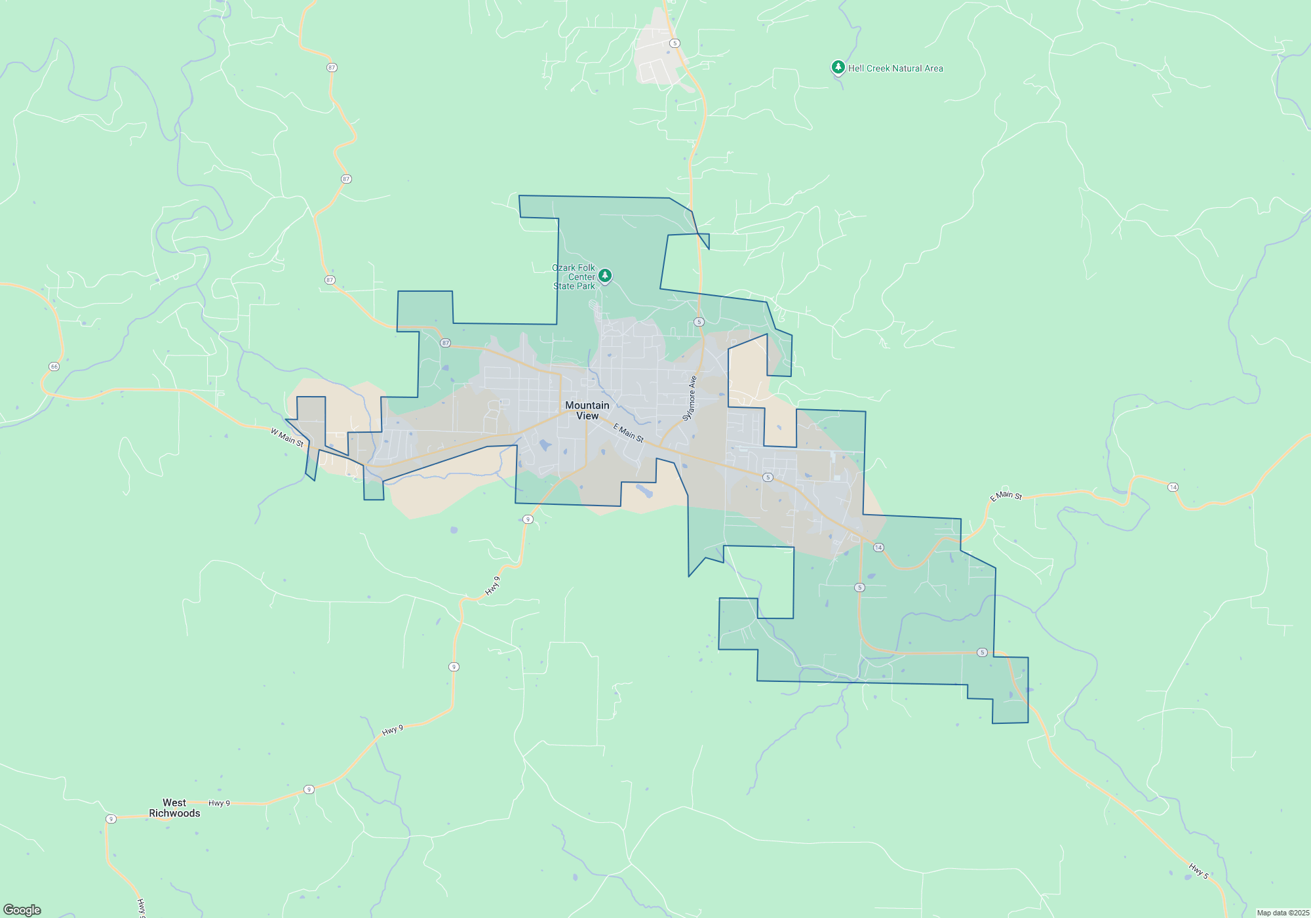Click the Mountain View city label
coord(587,410)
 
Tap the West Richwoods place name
coord(174,808)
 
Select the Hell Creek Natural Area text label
coord(895,68)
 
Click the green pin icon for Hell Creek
coord(838,67)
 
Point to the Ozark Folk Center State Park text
coord(574,277)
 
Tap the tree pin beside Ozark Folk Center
coord(605,275)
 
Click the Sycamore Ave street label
coord(690,398)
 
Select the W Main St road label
coord(287,437)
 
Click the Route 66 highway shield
coord(54,367)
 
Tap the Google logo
coord(22,910)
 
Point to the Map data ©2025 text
coord(1283,913)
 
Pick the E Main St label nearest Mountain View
coord(628,433)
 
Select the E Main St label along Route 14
coord(1006,496)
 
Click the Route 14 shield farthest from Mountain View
coord(1173,487)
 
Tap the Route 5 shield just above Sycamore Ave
coord(699,322)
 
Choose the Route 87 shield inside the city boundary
coord(446,343)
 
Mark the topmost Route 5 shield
coord(675,43)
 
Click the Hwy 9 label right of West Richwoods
coord(219,803)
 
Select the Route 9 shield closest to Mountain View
coord(528,519)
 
